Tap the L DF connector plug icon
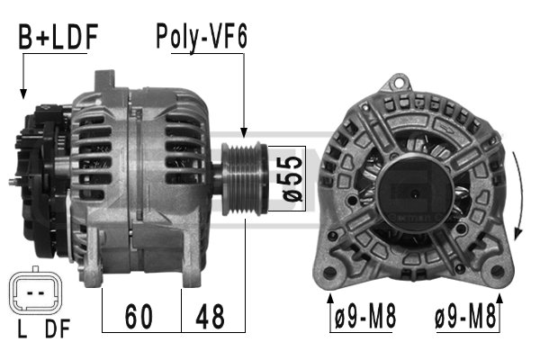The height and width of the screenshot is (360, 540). pyautogui.click(x=34, y=293)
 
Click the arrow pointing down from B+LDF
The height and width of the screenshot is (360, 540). pyautogui.click(x=22, y=90)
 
